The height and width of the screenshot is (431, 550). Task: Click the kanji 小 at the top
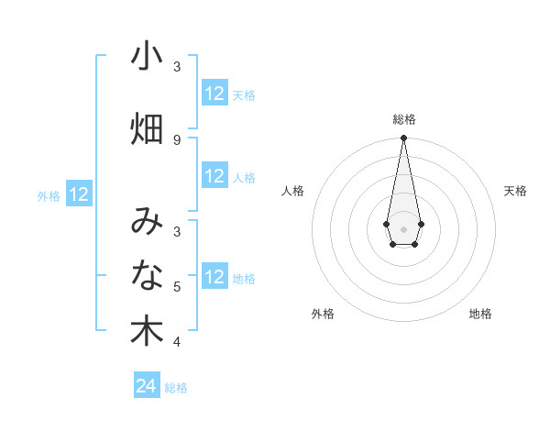(147, 57)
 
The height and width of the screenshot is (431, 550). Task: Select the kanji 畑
(147, 129)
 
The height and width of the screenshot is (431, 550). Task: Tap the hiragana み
(147, 221)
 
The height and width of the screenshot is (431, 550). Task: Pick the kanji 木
(147, 331)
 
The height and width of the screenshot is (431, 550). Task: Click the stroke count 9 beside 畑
(177, 139)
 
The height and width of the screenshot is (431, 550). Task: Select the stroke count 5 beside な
(177, 287)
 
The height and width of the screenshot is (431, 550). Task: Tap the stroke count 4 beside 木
(177, 342)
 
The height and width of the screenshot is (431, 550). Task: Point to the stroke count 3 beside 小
(177, 67)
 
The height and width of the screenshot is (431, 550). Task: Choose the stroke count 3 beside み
(177, 231)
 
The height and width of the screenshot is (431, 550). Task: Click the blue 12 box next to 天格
(214, 94)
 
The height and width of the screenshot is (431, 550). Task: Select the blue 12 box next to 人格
(214, 176)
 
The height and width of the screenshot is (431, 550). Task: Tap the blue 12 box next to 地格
(214, 277)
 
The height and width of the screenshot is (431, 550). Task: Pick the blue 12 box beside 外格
(79, 194)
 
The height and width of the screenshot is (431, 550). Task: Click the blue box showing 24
(147, 386)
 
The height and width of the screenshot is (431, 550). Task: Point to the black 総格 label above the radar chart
(403, 119)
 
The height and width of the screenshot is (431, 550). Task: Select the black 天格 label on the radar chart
(515, 191)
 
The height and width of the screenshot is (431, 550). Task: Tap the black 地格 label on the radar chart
(480, 314)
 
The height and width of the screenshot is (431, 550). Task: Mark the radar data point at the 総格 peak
(403, 138)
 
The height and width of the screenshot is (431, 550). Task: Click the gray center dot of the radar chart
(403, 227)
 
